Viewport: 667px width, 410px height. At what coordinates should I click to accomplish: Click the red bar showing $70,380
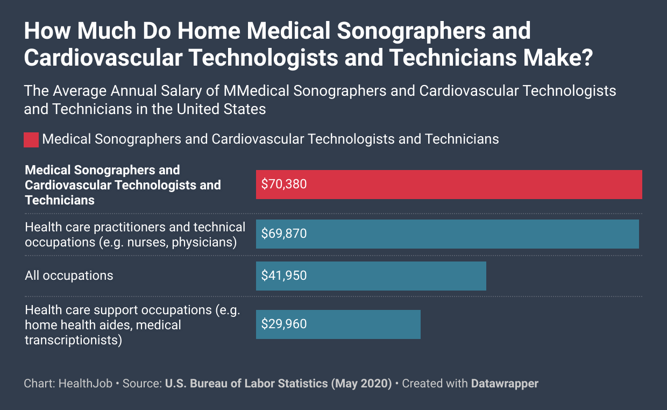(x=449, y=185)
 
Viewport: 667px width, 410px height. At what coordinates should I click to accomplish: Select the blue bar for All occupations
(x=371, y=276)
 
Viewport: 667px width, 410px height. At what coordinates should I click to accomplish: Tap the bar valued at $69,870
(x=447, y=234)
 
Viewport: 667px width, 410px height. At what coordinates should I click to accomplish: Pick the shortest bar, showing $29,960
(x=338, y=324)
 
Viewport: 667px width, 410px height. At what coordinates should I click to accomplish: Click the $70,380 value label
(x=284, y=185)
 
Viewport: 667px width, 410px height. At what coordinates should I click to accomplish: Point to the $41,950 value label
(x=284, y=276)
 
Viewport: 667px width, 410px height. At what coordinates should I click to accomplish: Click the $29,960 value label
(x=284, y=324)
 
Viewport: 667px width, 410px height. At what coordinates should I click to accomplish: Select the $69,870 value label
(x=284, y=234)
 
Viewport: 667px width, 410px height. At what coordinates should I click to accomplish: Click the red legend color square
(x=31, y=139)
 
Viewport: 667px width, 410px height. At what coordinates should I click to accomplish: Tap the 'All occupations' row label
(x=69, y=276)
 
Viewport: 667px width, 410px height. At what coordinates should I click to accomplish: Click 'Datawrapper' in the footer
(x=505, y=384)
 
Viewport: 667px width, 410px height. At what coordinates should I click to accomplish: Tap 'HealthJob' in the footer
(x=86, y=384)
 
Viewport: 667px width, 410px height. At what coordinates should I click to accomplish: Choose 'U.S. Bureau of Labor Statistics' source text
(x=246, y=384)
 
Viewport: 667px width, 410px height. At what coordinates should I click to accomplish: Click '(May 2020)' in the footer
(x=361, y=384)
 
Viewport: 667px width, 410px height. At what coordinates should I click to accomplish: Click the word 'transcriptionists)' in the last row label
(x=73, y=340)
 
